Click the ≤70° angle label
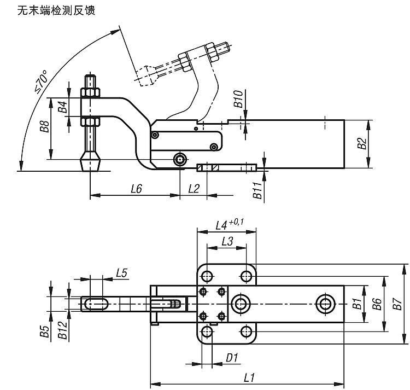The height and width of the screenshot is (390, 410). tap(42, 82)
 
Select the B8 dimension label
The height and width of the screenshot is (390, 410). tap(45, 126)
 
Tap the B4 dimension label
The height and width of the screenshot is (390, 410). tap(63, 107)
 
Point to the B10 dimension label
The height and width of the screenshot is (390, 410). tap(238, 99)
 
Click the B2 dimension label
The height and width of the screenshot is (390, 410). tap(362, 143)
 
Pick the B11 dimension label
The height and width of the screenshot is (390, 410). tap(257, 190)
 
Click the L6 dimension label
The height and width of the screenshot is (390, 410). tap(136, 189)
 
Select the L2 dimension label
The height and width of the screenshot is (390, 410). tap(194, 189)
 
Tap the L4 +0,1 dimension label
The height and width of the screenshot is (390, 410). tap(230, 225)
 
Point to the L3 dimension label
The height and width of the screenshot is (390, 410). tap(227, 241)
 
